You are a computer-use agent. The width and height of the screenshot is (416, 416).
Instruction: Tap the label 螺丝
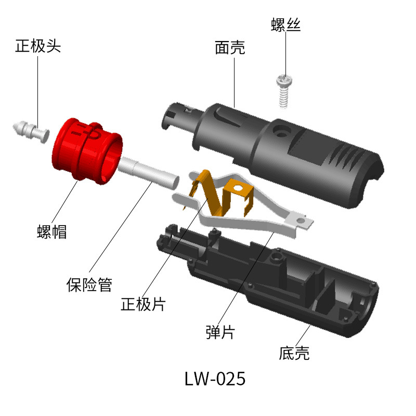pyautogui.click(x=286, y=25)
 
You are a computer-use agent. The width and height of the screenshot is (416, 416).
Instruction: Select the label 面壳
pyautogui.click(x=230, y=48)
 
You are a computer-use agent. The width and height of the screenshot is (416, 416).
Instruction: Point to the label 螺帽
pyautogui.click(x=52, y=231)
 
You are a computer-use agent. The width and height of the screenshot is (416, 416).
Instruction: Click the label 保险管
pyautogui.click(x=89, y=284)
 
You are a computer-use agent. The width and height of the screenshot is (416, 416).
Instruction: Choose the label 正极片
pyautogui.click(x=143, y=304)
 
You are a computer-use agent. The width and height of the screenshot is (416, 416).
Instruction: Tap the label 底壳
pyautogui.click(x=294, y=354)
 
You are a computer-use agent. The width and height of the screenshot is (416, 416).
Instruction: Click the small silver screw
pyautogui.click(x=283, y=89)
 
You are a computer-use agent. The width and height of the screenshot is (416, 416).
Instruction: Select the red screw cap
pyautogui.click(x=86, y=151)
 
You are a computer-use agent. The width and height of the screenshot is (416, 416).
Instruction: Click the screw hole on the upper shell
pyautogui.click(x=282, y=129)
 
